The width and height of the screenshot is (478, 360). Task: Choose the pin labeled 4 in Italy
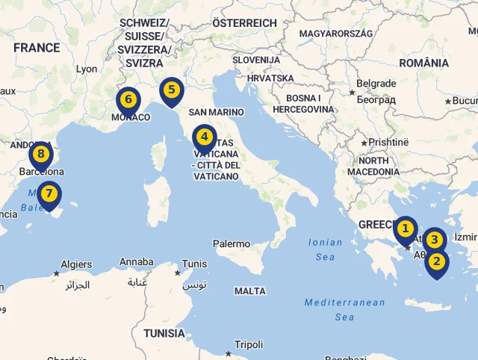pos(204,138)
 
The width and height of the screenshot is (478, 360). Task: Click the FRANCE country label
pos(37,48)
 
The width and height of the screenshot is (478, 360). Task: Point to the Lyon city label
pos(87,69)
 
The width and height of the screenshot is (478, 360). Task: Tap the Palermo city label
pos(232,243)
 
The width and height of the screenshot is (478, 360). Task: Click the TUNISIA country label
pos(164,333)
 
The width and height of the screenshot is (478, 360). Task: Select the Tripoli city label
pos(249,344)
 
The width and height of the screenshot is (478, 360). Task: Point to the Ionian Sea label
pos(326,249)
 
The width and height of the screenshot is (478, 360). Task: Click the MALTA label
pos(249,291)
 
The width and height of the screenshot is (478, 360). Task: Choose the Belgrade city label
pos(376,84)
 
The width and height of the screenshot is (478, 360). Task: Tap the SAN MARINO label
pos(217,112)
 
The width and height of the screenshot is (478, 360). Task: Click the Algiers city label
pos(76,264)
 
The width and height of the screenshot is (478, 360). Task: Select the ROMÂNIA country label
pos(424,63)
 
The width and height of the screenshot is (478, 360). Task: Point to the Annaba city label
pos(137,262)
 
